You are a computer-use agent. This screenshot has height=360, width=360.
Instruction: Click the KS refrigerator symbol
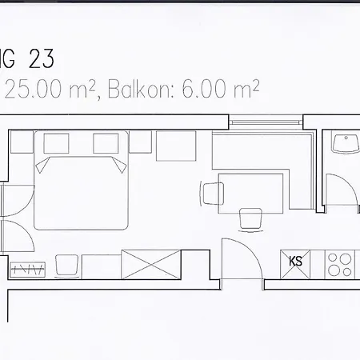pos(295,261)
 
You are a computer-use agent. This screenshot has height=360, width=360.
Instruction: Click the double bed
pos(81,192)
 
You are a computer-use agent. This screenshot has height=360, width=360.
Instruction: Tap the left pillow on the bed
pos(54,166)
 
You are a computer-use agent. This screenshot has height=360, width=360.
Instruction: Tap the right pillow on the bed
pos(108,166)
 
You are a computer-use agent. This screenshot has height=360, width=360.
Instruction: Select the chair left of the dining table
pos(212,193)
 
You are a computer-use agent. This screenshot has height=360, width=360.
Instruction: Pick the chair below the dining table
pos(250,217)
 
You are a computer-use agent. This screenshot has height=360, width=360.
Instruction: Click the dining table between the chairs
pos(250,190)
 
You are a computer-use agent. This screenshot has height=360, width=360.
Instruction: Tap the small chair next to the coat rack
pos(66,264)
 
